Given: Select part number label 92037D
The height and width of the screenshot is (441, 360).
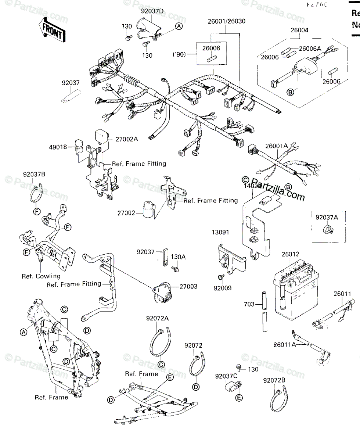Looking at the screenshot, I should [152, 11].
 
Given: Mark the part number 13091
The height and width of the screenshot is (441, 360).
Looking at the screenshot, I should [220, 232].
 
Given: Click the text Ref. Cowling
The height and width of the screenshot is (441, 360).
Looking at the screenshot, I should [41, 276].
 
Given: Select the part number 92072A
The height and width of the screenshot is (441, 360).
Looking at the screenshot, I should [157, 318].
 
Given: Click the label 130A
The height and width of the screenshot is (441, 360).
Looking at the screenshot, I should [179, 257].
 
